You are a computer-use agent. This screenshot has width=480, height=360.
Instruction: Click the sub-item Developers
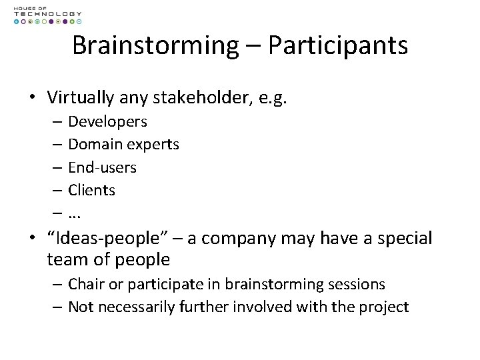tap(107, 121)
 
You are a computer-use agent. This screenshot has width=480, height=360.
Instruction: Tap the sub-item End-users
tap(102, 167)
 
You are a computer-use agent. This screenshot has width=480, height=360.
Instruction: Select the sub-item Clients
tap(91, 190)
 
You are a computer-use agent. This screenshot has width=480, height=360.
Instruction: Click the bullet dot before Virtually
tap(32, 98)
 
